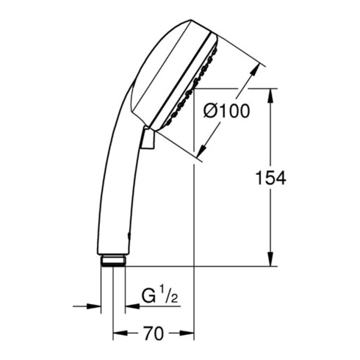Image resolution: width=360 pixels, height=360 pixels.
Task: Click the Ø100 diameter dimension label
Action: (x=226, y=111)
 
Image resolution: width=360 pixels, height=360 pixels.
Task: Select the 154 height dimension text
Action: (x=270, y=178)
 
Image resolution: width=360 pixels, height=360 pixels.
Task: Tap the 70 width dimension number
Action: (x=154, y=334)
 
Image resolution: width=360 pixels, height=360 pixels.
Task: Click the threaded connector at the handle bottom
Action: (x=113, y=261)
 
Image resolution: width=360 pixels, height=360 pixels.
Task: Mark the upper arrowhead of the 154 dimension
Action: (x=270, y=96)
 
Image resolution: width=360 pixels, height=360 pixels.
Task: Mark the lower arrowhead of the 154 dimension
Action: (x=270, y=259)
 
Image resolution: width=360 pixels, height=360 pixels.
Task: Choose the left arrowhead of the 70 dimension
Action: (x=120, y=333)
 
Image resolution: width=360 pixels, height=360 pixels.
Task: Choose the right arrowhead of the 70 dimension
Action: (x=187, y=333)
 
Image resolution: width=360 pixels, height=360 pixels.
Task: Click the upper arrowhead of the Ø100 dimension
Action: (x=255, y=71)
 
